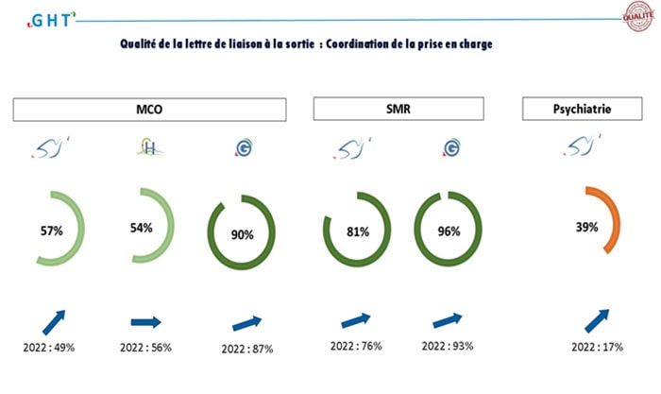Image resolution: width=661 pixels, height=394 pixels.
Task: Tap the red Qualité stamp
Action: click(x=637, y=15)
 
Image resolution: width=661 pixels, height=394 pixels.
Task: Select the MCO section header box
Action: click(x=148, y=111)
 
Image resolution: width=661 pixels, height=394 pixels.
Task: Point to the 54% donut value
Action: click(x=143, y=228)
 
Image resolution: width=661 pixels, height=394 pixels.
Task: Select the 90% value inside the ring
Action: click(x=242, y=234)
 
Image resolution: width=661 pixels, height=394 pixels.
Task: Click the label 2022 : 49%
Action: click(x=48, y=347)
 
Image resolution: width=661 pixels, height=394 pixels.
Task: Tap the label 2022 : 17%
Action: click(x=598, y=347)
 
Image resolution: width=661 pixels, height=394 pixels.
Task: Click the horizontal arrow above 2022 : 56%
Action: click(x=146, y=322)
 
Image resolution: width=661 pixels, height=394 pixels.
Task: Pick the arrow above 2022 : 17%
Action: click(x=598, y=318)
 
